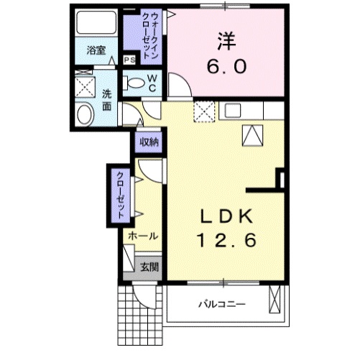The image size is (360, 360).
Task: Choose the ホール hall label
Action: [x=143, y=235]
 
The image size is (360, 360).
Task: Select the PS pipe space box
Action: [x=130, y=60]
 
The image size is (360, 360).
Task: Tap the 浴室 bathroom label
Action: [x=96, y=50]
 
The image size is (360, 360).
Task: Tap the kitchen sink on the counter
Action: [x=234, y=111]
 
